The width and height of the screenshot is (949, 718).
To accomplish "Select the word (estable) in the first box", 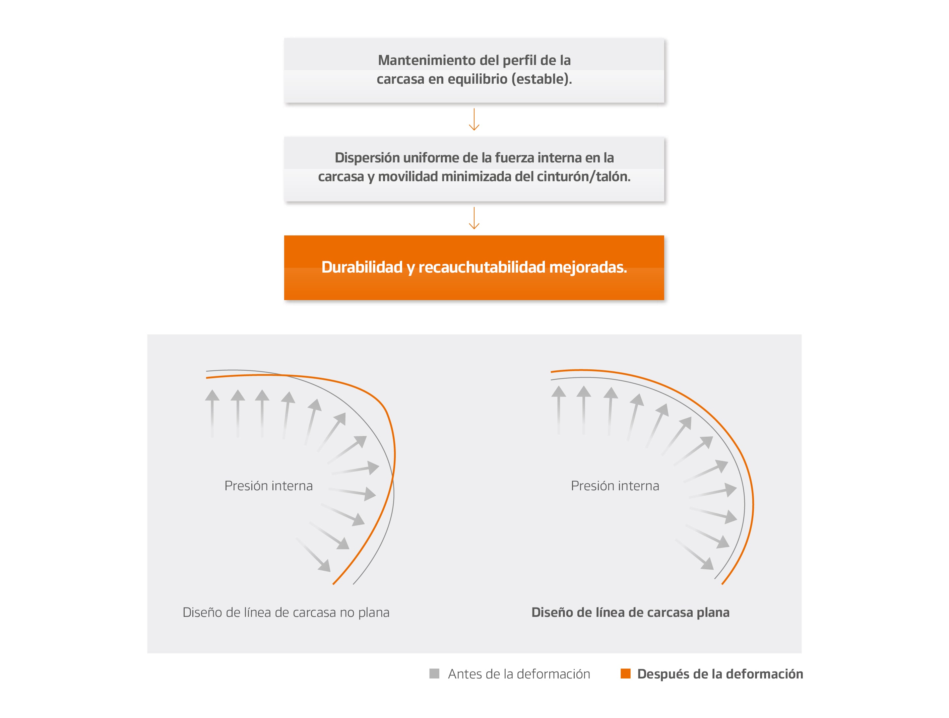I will [x=542, y=79].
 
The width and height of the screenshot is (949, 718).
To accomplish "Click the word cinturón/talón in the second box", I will [x=587, y=176].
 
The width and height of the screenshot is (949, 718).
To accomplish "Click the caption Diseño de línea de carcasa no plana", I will [x=286, y=612].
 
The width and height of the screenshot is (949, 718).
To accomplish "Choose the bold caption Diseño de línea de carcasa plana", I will [x=630, y=612].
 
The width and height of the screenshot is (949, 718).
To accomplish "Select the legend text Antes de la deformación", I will [x=519, y=674].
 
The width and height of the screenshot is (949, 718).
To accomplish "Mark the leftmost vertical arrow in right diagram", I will [x=558, y=409].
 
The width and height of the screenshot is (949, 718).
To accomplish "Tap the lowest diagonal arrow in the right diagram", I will [x=695, y=555].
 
